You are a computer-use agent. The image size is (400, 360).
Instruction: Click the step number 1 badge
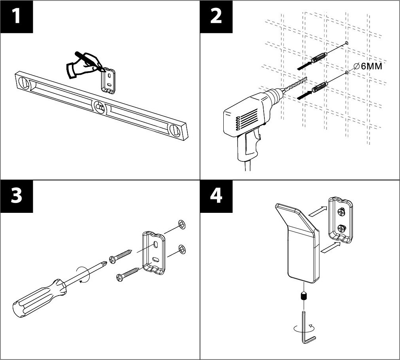click(16, 17)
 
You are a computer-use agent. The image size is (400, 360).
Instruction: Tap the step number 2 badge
click(216, 17)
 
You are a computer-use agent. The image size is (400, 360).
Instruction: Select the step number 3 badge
click(16, 196)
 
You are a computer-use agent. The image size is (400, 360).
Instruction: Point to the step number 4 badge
click(216, 196)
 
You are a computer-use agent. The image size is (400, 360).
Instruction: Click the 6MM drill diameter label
click(368, 66)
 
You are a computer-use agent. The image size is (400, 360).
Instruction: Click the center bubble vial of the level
click(99, 106)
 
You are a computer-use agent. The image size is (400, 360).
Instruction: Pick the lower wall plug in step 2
click(320, 87)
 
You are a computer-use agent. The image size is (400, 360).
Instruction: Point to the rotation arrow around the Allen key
click(302, 328)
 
